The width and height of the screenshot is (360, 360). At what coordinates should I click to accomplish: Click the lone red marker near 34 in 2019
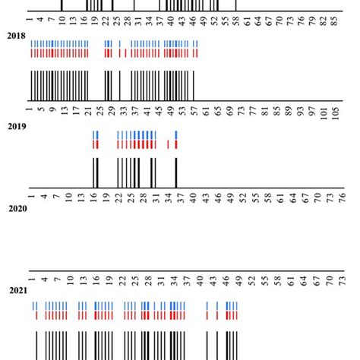[167, 144]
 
